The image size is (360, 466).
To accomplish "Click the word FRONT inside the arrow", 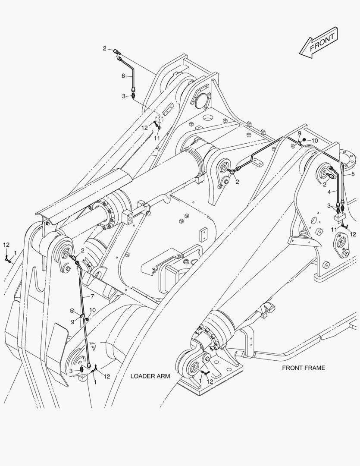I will [322, 42].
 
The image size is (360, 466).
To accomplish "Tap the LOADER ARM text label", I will [150, 376].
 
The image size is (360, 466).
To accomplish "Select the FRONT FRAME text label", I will [304, 368].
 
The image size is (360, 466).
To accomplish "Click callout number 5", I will [353, 174].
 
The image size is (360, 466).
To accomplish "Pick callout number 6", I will [123, 76].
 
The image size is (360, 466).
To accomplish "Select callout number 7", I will [92, 296].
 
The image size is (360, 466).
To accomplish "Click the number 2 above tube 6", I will [104, 48].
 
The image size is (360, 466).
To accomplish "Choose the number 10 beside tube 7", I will [93, 310].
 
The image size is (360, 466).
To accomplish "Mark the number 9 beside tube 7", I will [73, 321].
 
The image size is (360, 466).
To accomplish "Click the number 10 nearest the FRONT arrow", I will [314, 141].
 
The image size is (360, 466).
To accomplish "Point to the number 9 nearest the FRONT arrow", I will [299, 133].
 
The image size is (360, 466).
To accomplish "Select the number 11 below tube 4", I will [334, 229].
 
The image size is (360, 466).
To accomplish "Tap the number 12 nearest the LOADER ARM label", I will [106, 376].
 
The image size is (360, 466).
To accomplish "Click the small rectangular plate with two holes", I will [202, 235].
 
